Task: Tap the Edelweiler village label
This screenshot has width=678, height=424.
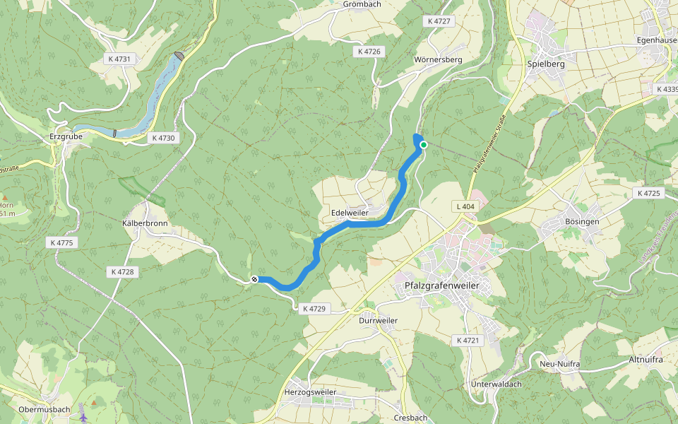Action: point(350,213)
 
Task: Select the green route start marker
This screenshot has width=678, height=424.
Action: point(423,145)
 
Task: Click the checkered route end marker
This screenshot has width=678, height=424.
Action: point(254,279)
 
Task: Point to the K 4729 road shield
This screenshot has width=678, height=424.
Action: point(314,309)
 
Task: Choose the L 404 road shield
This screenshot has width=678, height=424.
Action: point(464,206)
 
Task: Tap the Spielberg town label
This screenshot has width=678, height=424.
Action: point(546,64)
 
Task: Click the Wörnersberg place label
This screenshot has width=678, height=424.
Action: point(439,60)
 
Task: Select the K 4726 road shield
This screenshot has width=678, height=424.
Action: point(369,52)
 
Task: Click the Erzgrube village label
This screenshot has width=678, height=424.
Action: point(67,137)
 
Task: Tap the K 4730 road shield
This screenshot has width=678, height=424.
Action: point(162,138)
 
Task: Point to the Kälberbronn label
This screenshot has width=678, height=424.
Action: point(144,223)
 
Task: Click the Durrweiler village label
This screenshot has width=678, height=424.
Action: point(378,320)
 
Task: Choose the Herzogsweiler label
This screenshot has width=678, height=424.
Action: point(309,392)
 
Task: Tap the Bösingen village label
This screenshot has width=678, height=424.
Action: point(582,222)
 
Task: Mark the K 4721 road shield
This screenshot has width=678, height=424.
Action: point(467,341)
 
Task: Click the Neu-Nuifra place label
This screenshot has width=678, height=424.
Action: point(559,364)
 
